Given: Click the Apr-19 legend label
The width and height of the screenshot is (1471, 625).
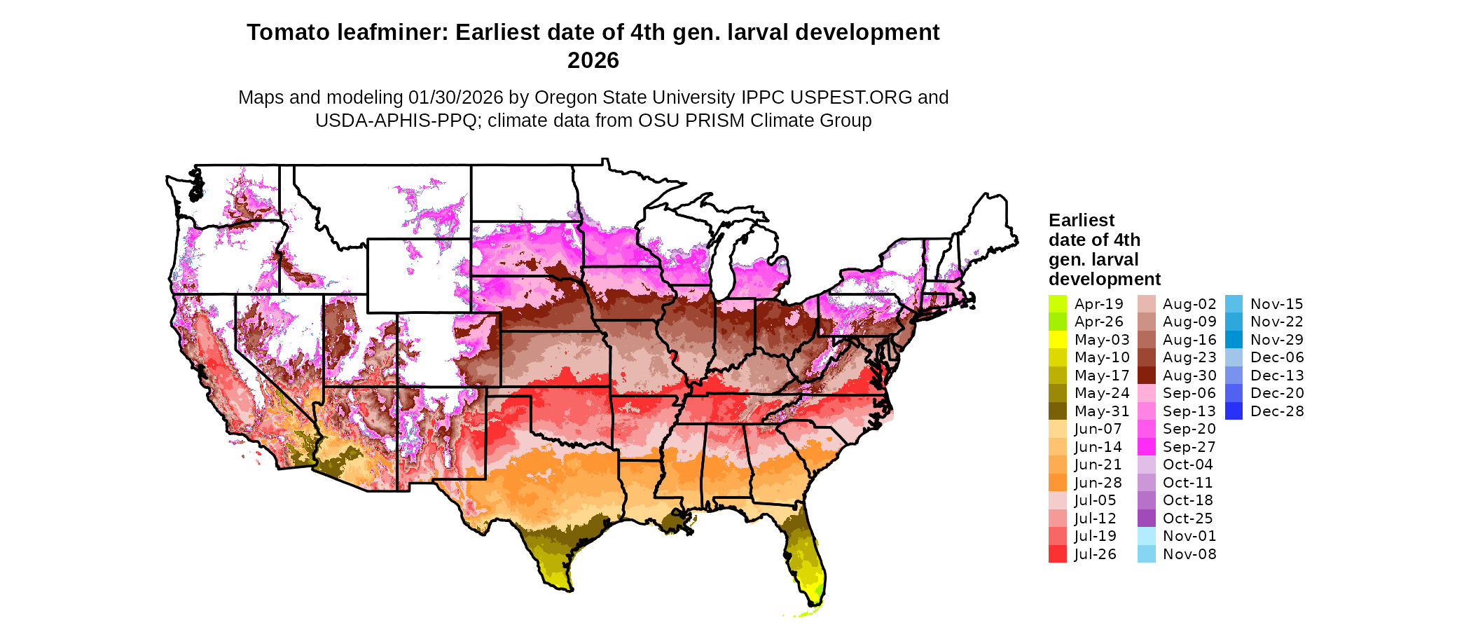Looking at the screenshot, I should (1098, 304).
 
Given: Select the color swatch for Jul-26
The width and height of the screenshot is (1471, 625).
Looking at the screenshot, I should (1057, 554).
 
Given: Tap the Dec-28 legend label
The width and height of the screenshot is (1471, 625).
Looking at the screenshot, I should (1277, 411).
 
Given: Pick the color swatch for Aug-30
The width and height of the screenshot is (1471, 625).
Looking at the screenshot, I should (1146, 376).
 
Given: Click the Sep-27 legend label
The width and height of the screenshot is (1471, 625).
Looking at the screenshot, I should (1189, 447).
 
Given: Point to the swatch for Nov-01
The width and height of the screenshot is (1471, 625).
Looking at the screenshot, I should (1146, 536).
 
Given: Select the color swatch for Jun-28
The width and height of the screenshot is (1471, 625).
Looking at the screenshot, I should (1057, 483).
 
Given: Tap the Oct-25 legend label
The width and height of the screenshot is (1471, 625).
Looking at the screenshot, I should (1187, 518).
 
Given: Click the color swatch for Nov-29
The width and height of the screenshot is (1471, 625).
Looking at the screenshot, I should (1234, 340).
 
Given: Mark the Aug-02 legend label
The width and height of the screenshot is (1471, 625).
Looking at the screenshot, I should (1189, 304).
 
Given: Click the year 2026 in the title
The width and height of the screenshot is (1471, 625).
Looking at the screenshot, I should (593, 60).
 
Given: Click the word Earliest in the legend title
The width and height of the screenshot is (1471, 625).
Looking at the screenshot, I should (1081, 220).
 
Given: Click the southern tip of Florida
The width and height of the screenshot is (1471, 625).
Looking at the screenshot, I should (815, 604).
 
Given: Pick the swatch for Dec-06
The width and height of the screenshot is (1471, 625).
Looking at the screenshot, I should (1234, 357).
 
